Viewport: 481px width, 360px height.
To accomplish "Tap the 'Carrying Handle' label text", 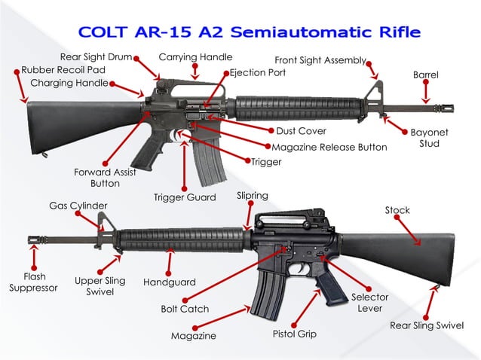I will click(x=195, y=57).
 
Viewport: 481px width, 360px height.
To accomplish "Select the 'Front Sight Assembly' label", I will click(x=320, y=60).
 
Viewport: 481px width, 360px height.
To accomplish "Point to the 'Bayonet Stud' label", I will click(x=429, y=138).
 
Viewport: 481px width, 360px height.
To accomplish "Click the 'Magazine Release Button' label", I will click(x=329, y=148).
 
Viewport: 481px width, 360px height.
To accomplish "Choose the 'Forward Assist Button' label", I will click(x=105, y=178).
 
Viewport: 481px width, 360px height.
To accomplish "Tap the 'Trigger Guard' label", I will click(x=185, y=197).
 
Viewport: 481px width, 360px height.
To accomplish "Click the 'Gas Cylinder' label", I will click(x=78, y=206).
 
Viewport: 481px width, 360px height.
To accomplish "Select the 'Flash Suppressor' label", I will click(x=33, y=282).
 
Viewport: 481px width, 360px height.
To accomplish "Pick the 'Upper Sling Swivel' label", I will click(x=100, y=285).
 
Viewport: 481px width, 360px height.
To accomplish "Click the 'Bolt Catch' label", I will click(x=185, y=309).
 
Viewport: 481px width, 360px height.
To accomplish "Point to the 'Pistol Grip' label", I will click(x=295, y=334).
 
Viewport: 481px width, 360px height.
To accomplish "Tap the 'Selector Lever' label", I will click(x=370, y=303).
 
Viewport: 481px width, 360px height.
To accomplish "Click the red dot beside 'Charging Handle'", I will click(x=112, y=84).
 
